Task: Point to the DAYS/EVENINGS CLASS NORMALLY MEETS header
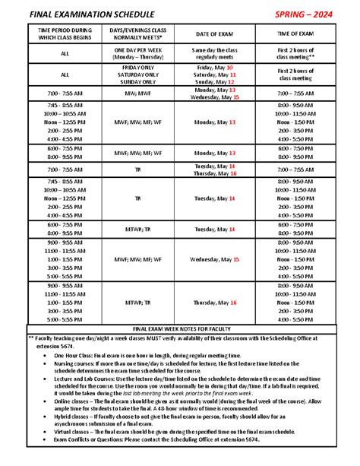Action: (x=138, y=34)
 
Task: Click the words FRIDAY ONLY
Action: (x=138, y=68)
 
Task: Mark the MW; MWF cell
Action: (x=138, y=94)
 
